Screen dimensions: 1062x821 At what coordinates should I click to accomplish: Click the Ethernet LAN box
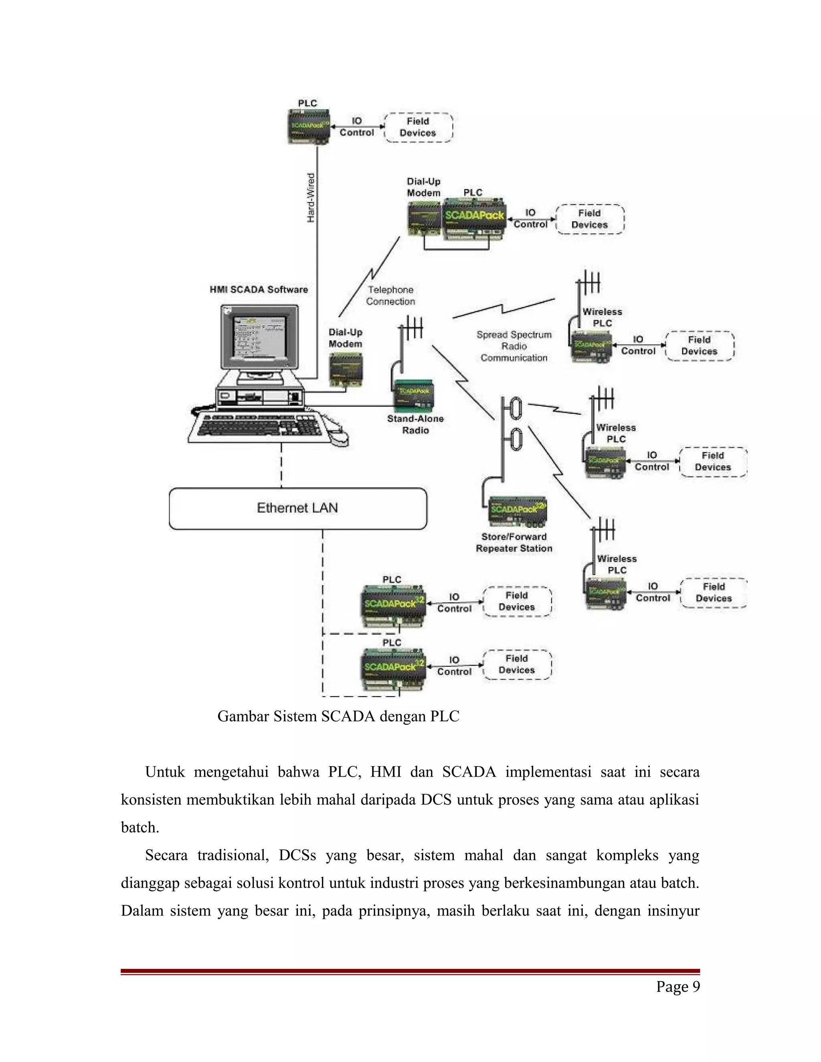(298, 508)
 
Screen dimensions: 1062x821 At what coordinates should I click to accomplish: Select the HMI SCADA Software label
(259, 289)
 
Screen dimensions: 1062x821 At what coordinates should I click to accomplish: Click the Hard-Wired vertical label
(311, 198)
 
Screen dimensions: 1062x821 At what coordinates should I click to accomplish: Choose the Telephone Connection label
(390, 296)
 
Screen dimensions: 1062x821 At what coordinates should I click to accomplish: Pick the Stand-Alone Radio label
(415, 424)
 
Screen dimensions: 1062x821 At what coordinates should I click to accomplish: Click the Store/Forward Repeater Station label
(514, 543)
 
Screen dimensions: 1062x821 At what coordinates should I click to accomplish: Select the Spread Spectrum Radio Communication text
(514, 346)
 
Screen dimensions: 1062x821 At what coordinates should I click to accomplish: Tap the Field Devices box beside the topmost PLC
(418, 127)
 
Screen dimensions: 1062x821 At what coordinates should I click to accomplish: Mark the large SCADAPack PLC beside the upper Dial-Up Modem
(474, 219)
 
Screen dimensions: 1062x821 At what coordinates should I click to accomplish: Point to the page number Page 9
(677, 987)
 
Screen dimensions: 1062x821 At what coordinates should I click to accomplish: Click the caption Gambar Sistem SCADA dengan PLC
(338, 716)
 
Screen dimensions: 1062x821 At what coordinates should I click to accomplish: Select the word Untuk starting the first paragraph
(165, 772)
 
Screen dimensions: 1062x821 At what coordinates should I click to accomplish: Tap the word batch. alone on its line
(140, 827)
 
